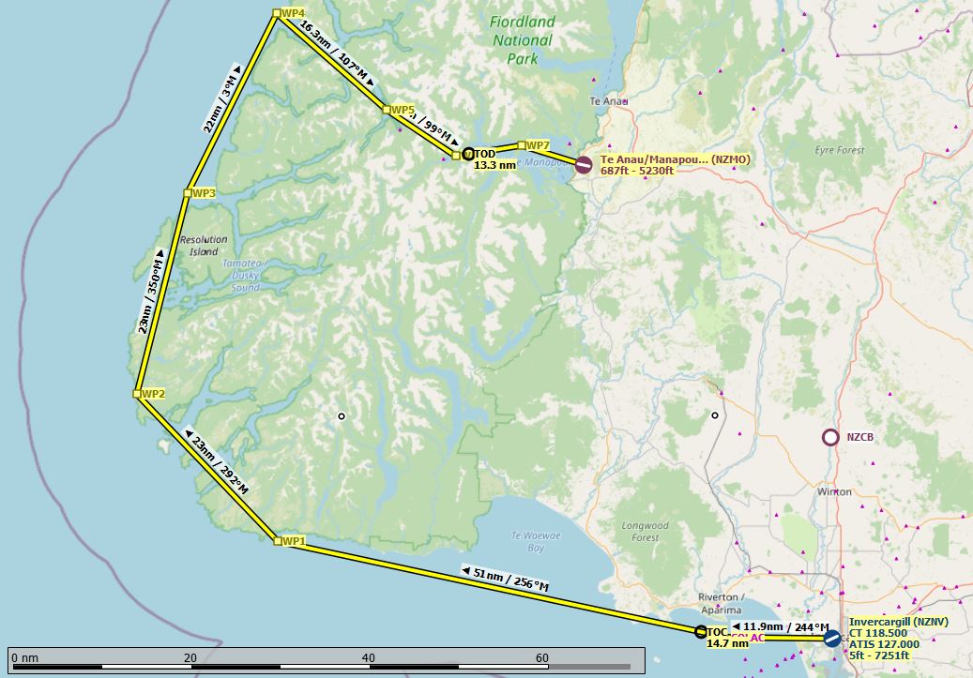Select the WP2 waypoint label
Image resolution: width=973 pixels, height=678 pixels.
click(x=153, y=394)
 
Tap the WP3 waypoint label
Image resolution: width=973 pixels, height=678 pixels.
click(x=204, y=193)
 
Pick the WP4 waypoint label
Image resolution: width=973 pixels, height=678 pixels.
click(x=294, y=13)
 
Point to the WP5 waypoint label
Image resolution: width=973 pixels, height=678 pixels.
click(x=403, y=110)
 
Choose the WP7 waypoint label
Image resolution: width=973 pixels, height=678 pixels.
click(x=538, y=145)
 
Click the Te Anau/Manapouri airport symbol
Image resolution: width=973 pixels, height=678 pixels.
click(x=584, y=165)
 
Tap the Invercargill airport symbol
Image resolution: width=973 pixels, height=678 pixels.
click(x=831, y=638)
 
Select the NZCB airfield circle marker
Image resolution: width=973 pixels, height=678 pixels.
click(x=829, y=437)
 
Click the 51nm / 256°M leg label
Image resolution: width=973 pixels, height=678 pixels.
click(x=505, y=579)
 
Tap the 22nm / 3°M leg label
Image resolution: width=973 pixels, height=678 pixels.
click(x=222, y=99)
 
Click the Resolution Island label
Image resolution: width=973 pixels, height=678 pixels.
click(x=203, y=246)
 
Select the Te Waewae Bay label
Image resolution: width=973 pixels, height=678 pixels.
click(x=527, y=540)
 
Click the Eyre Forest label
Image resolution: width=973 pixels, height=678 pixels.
click(x=839, y=150)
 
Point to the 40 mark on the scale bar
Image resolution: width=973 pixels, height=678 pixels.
click(x=369, y=657)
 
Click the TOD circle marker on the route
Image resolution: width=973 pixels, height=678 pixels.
click(x=469, y=154)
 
